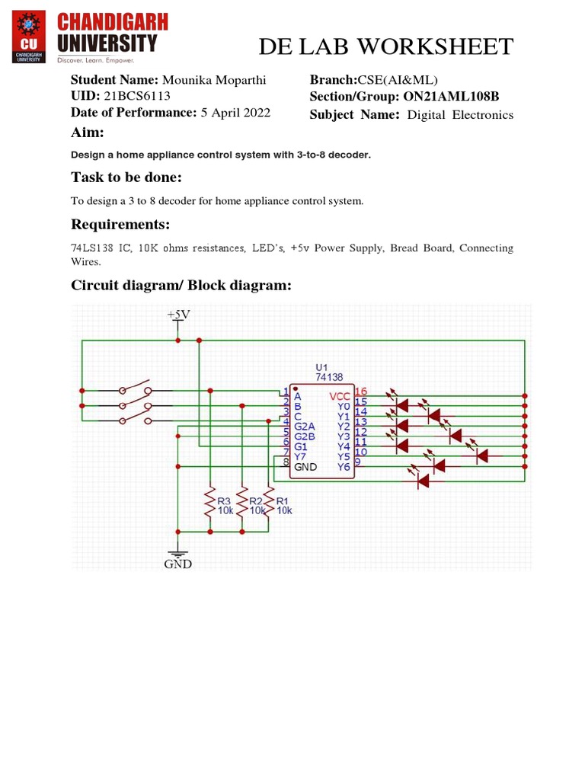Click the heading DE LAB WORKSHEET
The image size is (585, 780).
pos(385,46)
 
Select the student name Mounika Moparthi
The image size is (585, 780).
pos(216,80)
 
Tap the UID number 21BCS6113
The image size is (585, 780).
pos(137,96)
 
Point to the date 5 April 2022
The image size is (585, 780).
pos(235,113)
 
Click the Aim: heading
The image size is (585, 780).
pos(88,133)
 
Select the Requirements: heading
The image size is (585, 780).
pos(120,225)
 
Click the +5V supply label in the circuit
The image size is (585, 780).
pos(178,314)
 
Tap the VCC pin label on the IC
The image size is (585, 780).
pos(340,396)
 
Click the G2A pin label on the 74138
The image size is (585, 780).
pos(305,427)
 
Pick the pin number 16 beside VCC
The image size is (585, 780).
pos(360,392)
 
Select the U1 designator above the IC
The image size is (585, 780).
pos(321,367)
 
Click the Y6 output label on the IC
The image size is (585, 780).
pos(343,467)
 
